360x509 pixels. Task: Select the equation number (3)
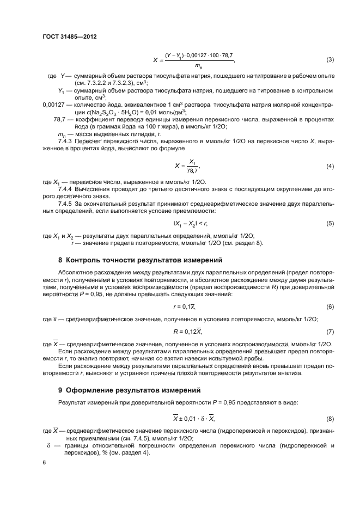tap(330, 59)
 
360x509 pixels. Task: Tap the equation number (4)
tap(330, 166)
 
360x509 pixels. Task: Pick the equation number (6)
tap(330, 307)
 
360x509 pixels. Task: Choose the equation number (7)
tap(330, 331)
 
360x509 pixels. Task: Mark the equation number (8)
tap(330, 419)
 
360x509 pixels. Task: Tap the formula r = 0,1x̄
tap(181, 307)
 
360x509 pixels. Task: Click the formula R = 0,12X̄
tap(181, 331)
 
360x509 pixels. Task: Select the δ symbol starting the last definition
tap(48, 445)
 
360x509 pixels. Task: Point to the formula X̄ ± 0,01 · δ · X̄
tap(180, 419)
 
